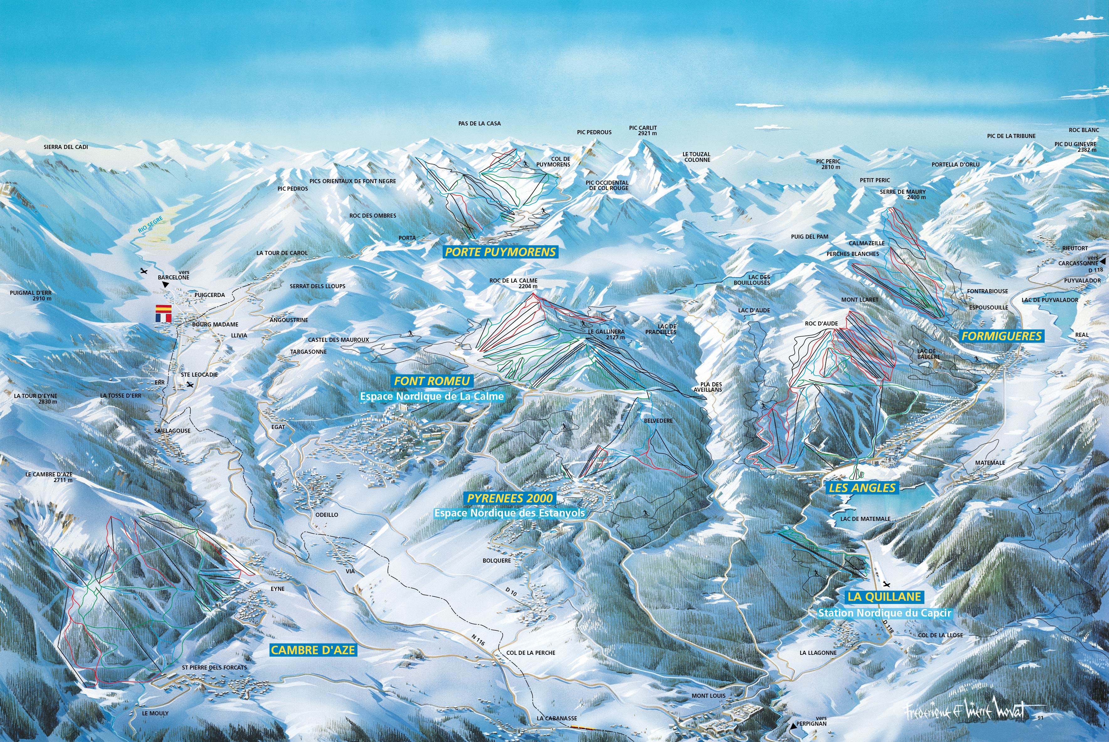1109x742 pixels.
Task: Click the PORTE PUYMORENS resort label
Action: (500, 252)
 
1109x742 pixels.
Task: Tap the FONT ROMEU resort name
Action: (432, 381)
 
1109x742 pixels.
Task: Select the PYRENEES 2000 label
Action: (510, 498)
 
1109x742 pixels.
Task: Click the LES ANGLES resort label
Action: (862, 488)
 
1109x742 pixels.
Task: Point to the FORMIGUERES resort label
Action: (1001, 336)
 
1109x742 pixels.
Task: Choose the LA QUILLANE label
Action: (884, 597)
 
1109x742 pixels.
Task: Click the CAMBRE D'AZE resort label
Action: (313, 650)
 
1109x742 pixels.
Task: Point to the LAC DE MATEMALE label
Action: (865, 519)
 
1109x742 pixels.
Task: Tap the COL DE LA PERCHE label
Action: (531, 653)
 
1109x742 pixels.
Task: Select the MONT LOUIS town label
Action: (708, 696)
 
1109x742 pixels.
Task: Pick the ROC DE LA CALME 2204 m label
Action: (513, 284)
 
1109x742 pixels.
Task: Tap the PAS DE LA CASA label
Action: (479, 124)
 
